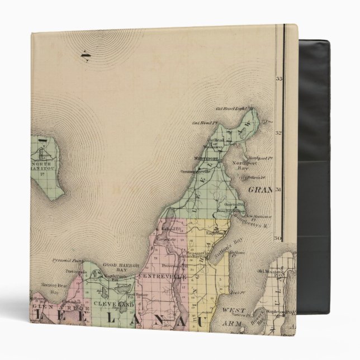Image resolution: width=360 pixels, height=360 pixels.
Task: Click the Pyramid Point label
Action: click(x=67, y=260)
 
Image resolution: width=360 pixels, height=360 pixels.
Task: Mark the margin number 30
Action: click(x=277, y=238)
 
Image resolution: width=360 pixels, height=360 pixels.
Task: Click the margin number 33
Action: click(x=278, y=79)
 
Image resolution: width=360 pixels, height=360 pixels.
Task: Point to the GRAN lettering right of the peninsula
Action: click(x=259, y=190)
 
